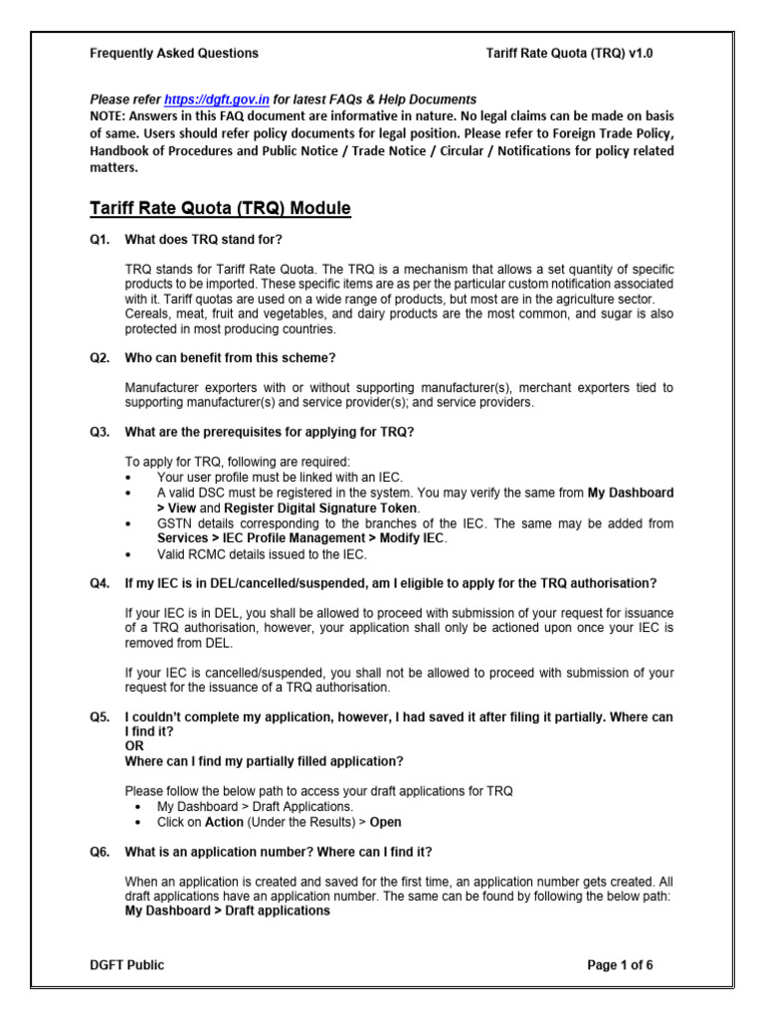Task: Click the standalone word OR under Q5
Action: click(x=133, y=745)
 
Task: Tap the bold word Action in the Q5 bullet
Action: click(x=223, y=823)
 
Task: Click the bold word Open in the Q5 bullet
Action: click(x=386, y=823)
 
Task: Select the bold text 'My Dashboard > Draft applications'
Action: click(x=227, y=910)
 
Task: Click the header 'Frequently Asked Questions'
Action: click(x=174, y=54)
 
